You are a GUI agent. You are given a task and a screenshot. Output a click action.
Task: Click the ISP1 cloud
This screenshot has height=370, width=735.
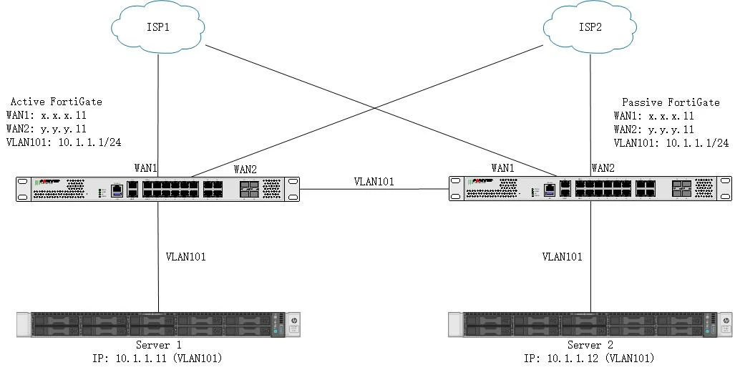pos(158,27)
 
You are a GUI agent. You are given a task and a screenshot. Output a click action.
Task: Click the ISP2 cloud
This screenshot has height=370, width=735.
pos(590,27)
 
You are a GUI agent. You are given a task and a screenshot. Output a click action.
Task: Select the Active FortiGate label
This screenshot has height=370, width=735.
pos(57,102)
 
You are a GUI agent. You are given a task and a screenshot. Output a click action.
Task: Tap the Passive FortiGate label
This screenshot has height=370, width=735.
pos(671,102)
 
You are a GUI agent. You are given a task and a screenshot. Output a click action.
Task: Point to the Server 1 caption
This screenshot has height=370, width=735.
pos(158,345)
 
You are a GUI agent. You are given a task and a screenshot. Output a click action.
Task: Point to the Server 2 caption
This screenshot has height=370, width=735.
pos(590,345)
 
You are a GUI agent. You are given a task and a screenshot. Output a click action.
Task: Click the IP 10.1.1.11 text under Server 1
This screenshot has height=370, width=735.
pos(157,359)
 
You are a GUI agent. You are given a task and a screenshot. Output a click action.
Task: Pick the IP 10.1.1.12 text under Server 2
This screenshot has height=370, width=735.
pos(589,359)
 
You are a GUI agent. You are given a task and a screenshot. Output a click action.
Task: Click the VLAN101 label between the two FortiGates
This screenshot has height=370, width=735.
pos(374,182)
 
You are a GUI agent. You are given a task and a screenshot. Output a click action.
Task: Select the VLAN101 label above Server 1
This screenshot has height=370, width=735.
pos(185,256)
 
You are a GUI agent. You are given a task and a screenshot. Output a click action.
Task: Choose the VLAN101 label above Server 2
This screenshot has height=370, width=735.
pos(562,256)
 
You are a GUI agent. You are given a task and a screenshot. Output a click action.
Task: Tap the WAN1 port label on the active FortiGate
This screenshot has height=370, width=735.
pos(146,168)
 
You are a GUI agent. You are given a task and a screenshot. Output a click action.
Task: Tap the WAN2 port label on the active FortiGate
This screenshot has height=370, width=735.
pos(245,170)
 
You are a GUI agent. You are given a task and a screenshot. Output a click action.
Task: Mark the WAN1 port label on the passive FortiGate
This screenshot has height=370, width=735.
pos(503,168)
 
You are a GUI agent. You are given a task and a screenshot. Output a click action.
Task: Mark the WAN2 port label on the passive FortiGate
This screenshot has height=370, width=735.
pos(603,168)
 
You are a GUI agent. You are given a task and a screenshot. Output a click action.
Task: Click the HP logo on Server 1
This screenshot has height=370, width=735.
pos(293,321)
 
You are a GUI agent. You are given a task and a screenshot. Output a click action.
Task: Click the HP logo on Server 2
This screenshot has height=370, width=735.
pos(726,321)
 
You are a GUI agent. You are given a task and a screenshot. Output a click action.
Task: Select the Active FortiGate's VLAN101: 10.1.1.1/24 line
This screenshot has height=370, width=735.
pos(64,142)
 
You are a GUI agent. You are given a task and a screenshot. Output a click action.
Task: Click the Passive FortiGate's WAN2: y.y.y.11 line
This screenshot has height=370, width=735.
pos(654,130)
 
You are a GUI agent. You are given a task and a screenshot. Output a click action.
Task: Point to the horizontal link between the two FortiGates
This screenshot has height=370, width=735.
pos(374,190)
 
